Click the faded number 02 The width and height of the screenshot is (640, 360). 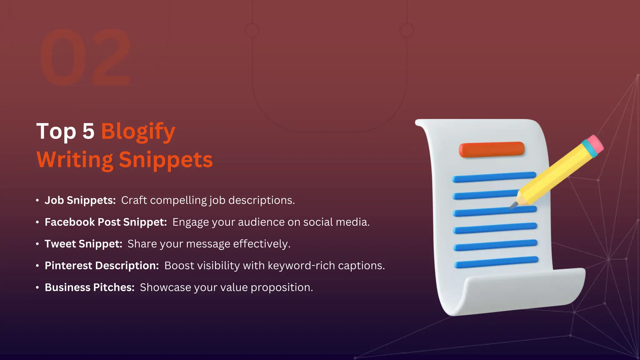pos(85,57)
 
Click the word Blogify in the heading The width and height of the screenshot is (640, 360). pos(138,132)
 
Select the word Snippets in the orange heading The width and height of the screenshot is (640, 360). pos(166,160)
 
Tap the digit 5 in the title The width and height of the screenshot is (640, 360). pos(88,131)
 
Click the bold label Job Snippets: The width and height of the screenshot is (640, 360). pos(80,200)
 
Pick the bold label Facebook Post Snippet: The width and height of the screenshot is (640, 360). pos(106,222)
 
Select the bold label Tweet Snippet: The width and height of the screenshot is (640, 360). pos(83,244)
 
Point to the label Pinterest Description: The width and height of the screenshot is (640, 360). pos(102,266)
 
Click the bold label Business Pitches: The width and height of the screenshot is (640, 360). pos(89,287)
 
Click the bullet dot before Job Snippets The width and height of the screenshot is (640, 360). pos(37,200)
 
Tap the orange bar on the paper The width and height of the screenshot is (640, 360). pos(491,149)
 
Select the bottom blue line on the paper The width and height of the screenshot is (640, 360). pos(496,262)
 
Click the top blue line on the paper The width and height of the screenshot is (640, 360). pos(494,177)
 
